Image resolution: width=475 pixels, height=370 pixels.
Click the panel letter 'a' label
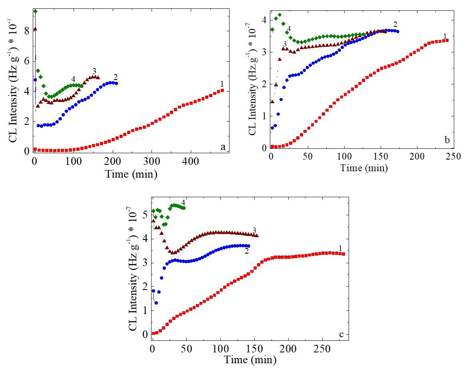tap(223, 147)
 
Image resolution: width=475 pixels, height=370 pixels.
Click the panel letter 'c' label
tap(341, 334)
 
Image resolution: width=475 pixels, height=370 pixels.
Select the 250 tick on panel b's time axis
tap(453, 156)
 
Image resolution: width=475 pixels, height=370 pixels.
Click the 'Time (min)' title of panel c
tap(250, 360)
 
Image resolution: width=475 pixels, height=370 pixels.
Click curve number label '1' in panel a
tap(222, 84)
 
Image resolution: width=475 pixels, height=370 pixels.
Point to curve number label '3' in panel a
tap(94, 71)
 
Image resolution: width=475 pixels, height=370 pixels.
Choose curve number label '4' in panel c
tap(183, 202)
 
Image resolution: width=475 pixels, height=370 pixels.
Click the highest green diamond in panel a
tap(35, 11)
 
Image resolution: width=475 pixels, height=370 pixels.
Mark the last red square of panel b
tap(447, 40)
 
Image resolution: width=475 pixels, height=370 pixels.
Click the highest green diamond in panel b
tap(279, 15)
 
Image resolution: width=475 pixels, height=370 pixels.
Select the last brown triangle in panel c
tap(257, 236)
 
